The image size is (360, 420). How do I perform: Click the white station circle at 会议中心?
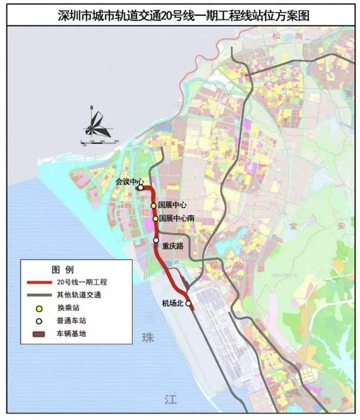tap(141, 188)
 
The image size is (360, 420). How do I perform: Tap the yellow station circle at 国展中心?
tap(153, 205)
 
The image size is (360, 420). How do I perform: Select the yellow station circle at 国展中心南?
tap(154, 218)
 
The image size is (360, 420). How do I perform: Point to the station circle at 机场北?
tap(189, 305)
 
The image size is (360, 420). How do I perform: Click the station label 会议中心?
tap(130, 182)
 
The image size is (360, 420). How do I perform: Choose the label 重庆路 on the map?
tap(173, 245)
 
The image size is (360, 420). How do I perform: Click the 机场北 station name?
tap(173, 304)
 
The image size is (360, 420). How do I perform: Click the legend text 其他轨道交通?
tap(84, 295)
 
